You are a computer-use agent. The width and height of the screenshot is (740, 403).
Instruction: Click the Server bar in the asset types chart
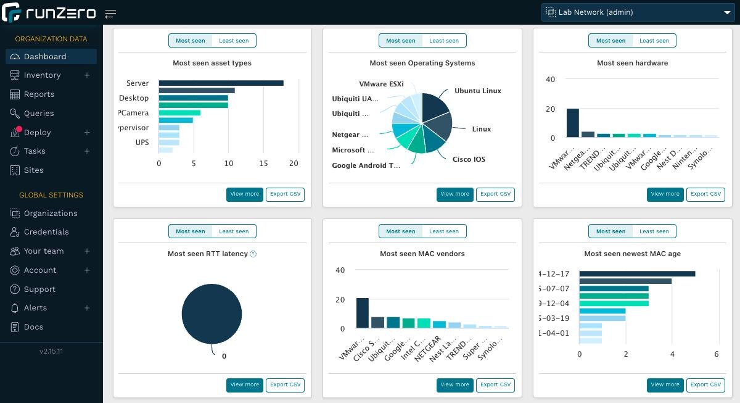[221, 83]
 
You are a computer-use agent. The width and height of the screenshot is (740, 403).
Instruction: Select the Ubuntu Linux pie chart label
[477, 91]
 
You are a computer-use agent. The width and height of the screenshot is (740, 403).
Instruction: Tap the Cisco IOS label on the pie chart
[469, 159]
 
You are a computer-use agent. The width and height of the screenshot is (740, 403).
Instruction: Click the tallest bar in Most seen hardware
[573, 123]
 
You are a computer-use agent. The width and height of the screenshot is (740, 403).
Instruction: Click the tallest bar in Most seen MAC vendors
[363, 313]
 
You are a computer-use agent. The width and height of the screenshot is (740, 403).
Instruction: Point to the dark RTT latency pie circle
[212, 314]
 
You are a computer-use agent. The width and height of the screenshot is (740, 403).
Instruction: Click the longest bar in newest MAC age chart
[637, 274]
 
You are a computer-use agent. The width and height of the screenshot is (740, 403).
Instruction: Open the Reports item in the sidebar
[39, 94]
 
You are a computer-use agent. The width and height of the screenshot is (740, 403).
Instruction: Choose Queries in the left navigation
[38, 114]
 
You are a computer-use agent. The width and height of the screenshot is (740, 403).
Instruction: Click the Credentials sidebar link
[46, 232]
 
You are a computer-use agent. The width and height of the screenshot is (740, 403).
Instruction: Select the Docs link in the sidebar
[33, 327]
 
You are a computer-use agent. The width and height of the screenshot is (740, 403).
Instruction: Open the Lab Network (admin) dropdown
[637, 12]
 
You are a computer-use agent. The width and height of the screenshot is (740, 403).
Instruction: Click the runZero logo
[49, 12]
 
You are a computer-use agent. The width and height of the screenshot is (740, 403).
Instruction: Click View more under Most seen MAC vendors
[454, 385]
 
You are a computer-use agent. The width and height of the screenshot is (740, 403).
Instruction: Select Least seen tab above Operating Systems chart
[444, 41]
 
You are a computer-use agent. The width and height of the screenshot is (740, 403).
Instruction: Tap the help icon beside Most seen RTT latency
[253, 254]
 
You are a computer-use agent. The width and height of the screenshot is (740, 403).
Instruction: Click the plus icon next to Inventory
[87, 75]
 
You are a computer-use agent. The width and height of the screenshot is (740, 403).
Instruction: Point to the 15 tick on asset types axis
[263, 164]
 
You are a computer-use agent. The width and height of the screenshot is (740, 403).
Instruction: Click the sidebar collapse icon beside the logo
[110, 14]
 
